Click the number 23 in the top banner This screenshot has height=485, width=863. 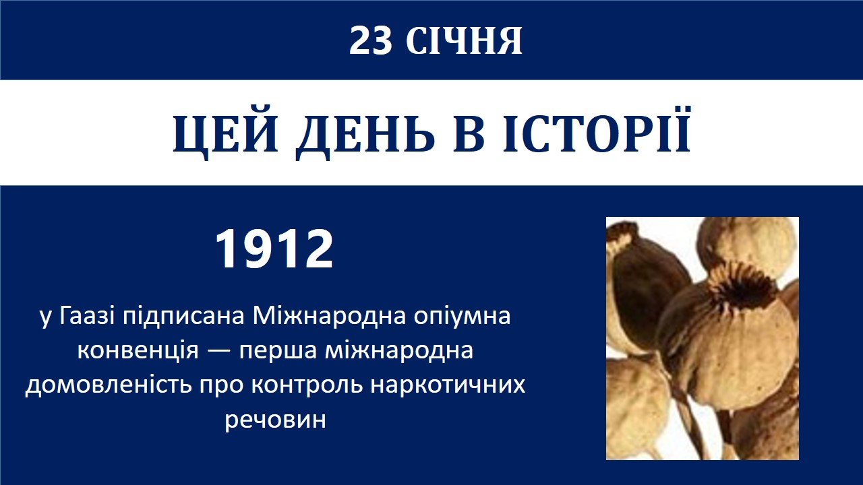370,41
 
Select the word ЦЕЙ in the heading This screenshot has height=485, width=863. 226,133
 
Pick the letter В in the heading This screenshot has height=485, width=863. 469,133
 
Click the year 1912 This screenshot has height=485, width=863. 274,249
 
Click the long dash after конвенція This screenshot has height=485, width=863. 219,352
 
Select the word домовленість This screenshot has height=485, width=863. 108,385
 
